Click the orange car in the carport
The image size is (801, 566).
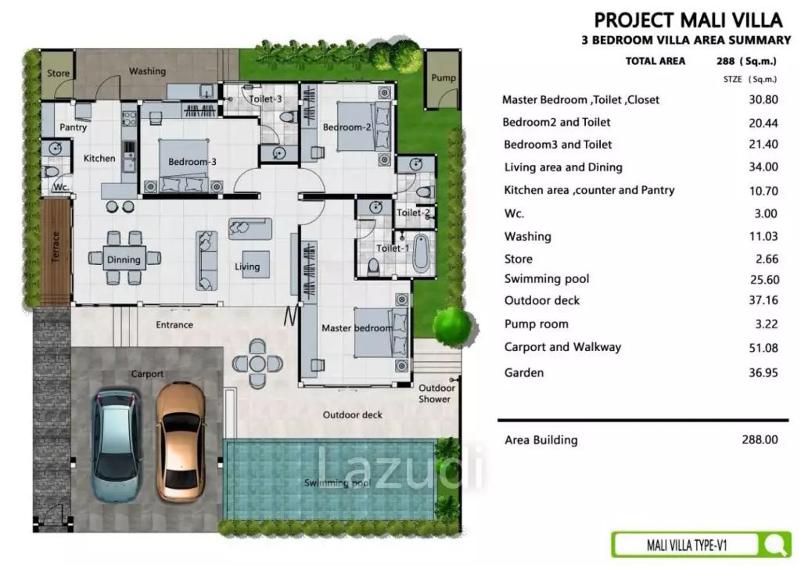coord(181,442)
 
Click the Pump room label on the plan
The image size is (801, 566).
coord(443,77)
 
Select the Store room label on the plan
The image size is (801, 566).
coord(58,73)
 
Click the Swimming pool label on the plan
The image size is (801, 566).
coord(337,482)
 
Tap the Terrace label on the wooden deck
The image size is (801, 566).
coord(56,247)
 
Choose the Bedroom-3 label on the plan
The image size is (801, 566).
coord(192,162)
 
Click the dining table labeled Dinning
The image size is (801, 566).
coord(124,259)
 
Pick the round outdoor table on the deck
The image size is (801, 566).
coord(257,364)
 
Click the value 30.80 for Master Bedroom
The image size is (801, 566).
coord(763,99)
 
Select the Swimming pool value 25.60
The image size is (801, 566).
coord(764,280)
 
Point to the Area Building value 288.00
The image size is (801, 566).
coord(760,439)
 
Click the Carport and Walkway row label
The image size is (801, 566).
coord(562,347)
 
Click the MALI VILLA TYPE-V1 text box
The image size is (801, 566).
coord(686,546)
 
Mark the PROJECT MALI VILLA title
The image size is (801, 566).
coord(688,20)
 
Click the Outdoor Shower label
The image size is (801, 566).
coord(436,393)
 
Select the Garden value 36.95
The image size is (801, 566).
coord(763,373)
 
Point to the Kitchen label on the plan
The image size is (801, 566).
coord(99,158)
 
